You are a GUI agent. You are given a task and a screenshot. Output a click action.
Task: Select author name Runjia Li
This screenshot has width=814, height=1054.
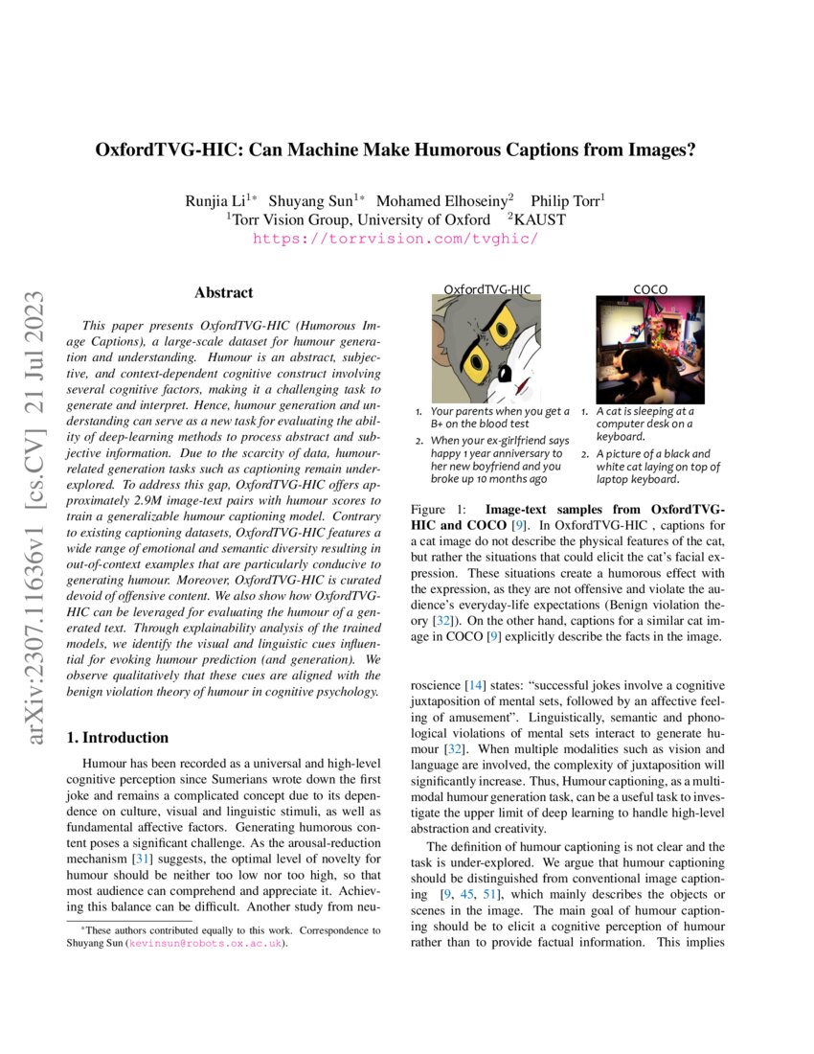pyautogui.click(x=217, y=200)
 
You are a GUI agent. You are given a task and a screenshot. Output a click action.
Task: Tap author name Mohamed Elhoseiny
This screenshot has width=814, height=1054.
pyautogui.click(x=443, y=200)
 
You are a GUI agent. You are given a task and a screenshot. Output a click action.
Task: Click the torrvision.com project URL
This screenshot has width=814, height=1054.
pyautogui.click(x=395, y=239)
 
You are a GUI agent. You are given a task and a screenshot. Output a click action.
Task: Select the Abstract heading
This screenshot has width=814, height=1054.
pyautogui.click(x=223, y=292)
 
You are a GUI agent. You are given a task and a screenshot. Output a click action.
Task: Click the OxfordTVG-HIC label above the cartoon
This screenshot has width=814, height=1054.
pyautogui.click(x=487, y=288)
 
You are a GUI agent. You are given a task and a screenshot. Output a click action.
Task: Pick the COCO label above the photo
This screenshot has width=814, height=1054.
pyautogui.click(x=651, y=288)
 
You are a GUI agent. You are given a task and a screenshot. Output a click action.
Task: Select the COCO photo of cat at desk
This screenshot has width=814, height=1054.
pyautogui.click(x=651, y=349)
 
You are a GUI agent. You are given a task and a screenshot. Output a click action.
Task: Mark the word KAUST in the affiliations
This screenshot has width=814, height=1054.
pyautogui.click(x=542, y=219)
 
